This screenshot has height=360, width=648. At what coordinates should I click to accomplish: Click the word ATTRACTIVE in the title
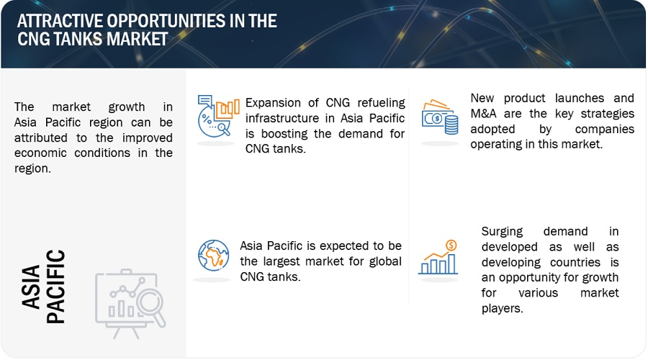[59, 21]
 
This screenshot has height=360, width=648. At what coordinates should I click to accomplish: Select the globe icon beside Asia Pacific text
[213, 256]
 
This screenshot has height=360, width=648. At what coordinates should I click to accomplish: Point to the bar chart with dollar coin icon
[438, 257]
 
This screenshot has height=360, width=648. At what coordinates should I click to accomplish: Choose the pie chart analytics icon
[217, 116]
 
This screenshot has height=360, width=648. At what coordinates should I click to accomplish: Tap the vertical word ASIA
[31, 287]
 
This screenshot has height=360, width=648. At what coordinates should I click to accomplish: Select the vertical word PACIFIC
[55, 287]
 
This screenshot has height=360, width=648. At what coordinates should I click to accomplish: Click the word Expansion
[273, 102]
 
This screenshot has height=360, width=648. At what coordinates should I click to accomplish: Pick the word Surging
[502, 231]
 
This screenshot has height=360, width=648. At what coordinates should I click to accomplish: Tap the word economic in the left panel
[40, 153]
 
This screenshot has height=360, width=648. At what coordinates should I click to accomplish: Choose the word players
[502, 309]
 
